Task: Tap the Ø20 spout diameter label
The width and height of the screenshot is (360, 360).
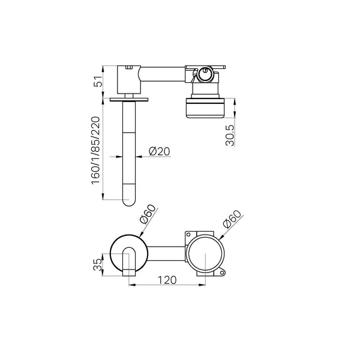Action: (158, 152)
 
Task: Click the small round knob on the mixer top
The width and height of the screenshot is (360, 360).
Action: (205, 74)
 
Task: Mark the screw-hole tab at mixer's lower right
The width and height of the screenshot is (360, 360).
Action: (223, 274)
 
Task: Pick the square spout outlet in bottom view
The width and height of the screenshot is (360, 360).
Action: (128, 273)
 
